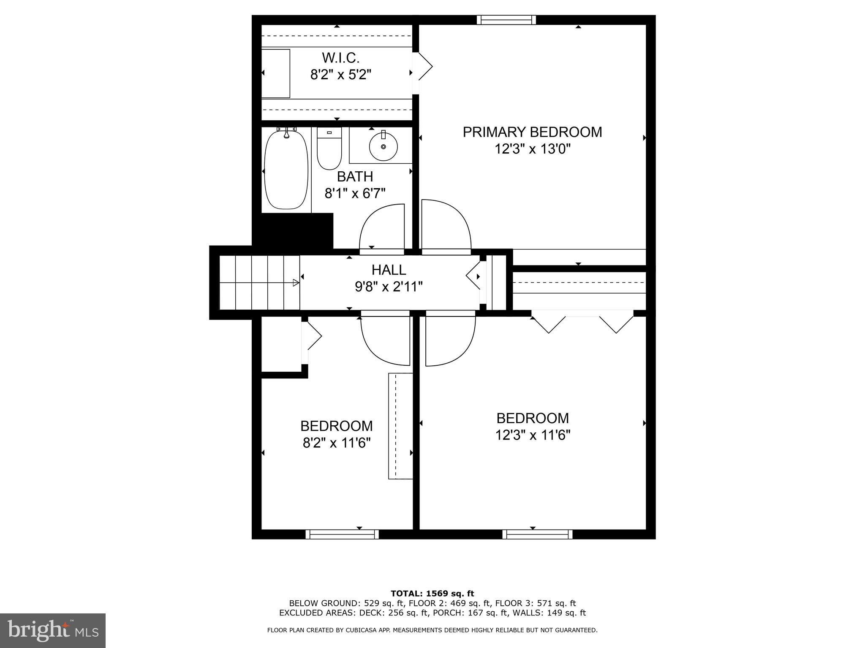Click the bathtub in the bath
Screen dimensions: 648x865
286,170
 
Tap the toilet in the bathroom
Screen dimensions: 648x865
329,149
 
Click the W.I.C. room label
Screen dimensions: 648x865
340,58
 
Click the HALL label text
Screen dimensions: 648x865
389,270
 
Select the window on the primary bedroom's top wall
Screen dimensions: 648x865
506,20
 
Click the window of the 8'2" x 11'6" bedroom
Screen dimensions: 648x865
342,535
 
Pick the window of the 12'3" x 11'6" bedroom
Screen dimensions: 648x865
537,535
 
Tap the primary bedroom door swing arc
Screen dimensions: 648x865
446,228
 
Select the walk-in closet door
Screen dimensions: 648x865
424,67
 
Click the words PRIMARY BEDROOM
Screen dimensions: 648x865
532,132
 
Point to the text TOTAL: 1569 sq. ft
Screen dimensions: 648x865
432,594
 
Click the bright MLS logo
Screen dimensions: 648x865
53,630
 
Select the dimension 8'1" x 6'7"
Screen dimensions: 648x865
355,194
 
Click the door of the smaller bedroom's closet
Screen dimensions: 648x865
312,337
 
